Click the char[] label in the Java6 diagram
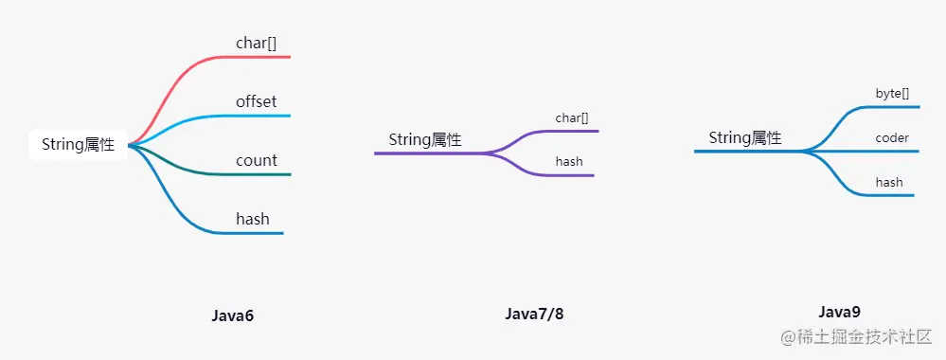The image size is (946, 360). click(256, 43)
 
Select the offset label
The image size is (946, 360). click(256, 101)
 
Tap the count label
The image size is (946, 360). click(256, 160)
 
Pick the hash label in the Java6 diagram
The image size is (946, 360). click(253, 219)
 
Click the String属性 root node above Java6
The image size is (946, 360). click(78, 145)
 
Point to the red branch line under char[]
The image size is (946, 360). click(256, 57)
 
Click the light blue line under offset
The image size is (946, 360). click(256, 116)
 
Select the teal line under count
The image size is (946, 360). click(256, 174)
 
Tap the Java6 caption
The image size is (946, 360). click(233, 315)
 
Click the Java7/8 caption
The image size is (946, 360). click(534, 314)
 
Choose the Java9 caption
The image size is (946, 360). click(839, 311)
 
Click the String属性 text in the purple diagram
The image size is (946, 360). click(425, 139)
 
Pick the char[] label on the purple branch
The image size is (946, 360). click(572, 118)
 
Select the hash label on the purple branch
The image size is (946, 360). click(569, 162)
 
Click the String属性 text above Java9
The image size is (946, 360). click(745, 137)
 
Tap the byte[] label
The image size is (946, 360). click(892, 94)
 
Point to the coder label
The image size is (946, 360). click(892, 137)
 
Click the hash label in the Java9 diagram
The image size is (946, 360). click(889, 182)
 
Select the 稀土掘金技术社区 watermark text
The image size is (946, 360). click(864, 336)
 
